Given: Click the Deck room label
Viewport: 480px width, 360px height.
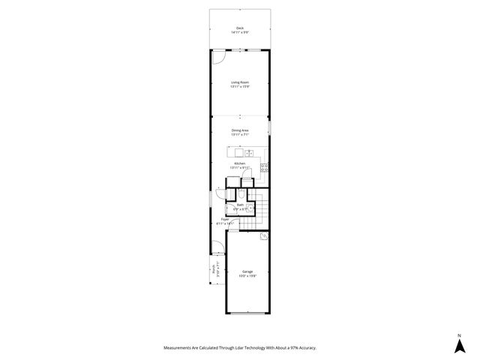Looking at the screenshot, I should (240, 28).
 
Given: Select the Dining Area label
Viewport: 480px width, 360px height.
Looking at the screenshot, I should (240, 130).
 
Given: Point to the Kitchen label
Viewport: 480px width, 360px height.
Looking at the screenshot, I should (240, 163).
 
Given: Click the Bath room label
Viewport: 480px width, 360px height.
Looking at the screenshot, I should (241, 204).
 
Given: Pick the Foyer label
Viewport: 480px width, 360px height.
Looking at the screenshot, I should (225, 219).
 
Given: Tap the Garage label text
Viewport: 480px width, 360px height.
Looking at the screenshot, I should (247, 271).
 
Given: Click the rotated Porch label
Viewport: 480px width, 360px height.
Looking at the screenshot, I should (214, 269).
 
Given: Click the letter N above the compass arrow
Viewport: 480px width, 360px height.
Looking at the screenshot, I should (458, 334).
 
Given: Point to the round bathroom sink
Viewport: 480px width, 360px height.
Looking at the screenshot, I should (251, 210).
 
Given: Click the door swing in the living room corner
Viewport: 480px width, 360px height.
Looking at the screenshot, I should (218, 57).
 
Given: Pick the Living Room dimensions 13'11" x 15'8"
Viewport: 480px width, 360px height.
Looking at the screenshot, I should (240, 87).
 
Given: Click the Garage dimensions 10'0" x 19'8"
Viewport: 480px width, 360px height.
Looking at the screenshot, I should (247, 276).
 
